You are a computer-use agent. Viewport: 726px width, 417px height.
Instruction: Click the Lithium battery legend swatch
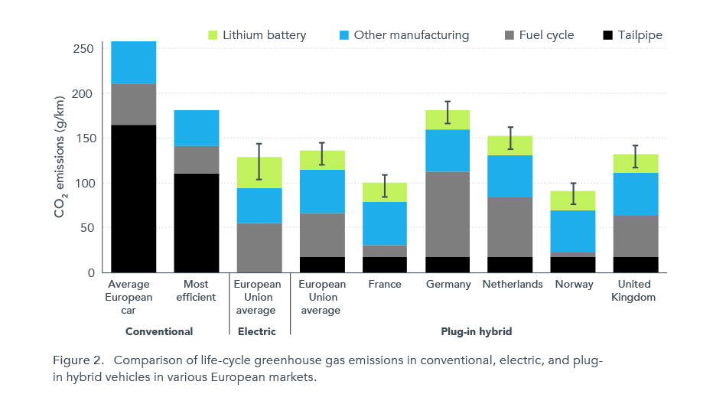(213, 35)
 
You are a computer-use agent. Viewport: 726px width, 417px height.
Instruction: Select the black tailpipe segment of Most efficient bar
(197, 223)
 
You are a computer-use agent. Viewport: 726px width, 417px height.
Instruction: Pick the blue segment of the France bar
(385, 223)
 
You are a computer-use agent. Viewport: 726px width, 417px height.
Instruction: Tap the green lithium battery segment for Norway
(574, 200)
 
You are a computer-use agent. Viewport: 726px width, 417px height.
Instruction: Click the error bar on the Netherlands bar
(511, 138)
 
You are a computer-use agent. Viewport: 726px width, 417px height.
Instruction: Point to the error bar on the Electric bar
(259, 161)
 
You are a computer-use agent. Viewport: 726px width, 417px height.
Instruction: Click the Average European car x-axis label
(133, 297)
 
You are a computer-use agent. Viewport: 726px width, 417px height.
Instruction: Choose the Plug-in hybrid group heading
(477, 331)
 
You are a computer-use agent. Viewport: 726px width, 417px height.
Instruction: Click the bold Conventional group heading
(159, 331)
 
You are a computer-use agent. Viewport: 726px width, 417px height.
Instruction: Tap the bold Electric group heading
(259, 331)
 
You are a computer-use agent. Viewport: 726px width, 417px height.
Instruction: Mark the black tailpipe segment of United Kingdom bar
(636, 265)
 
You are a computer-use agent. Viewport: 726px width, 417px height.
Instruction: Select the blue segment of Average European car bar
(134, 63)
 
